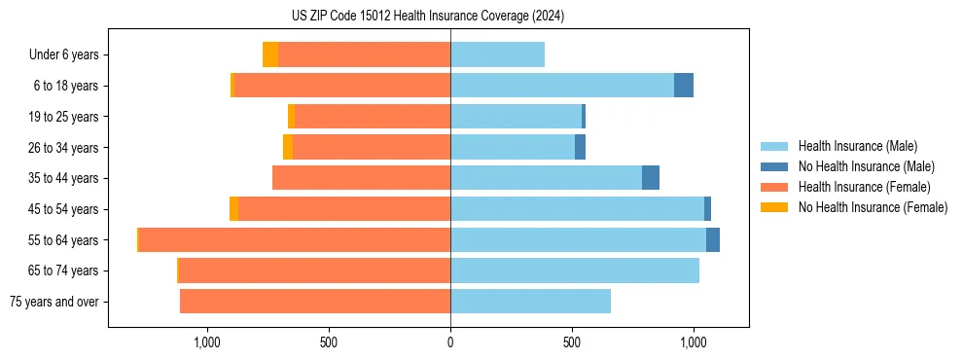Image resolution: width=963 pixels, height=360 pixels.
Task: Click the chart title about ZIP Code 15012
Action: pyautogui.click(x=428, y=17)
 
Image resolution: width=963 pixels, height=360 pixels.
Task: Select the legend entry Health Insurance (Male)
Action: pyautogui.click(x=857, y=146)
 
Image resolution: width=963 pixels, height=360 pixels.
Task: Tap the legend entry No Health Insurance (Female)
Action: pyautogui.click(x=873, y=207)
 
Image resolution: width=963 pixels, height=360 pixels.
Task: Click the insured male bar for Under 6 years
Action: pyautogui.click(x=497, y=55)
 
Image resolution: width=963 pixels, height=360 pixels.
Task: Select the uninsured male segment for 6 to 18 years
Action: pyautogui.click(x=684, y=86)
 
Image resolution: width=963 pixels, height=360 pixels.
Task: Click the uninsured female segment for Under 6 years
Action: pyautogui.click(x=270, y=55)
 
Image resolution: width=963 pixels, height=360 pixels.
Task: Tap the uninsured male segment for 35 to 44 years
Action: pyautogui.click(x=651, y=178)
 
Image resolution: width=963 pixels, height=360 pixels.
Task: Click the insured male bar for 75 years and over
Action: pyautogui.click(x=530, y=302)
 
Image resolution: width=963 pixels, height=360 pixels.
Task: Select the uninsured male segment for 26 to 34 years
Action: pyautogui.click(x=580, y=147)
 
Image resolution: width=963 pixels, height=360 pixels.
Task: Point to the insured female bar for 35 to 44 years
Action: pyautogui.click(x=361, y=178)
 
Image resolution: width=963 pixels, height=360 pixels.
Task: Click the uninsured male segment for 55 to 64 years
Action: pyautogui.click(x=713, y=239)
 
